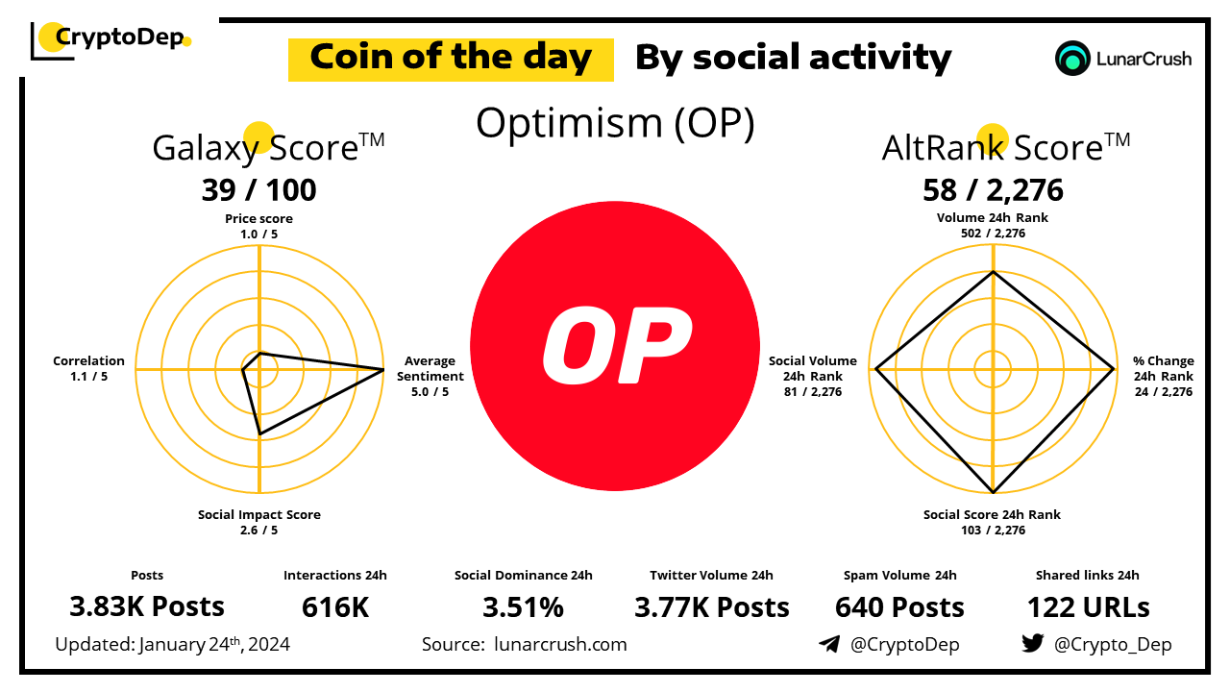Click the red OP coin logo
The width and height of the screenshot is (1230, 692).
(x=615, y=347)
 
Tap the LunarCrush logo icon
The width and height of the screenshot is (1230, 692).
(x=1071, y=59)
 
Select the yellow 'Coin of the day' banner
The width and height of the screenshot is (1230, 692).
(x=451, y=59)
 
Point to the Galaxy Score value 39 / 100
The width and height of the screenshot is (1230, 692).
(x=258, y=189)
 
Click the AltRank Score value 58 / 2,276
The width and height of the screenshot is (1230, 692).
(x=993, y=189)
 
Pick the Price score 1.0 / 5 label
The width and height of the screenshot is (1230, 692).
(x=258, y=225)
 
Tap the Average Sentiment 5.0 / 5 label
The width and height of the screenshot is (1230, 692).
(x=430, y=376)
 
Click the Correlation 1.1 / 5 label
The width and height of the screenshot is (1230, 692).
(x=89, y=369)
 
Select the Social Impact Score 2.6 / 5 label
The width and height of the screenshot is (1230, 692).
(x=259, y=522)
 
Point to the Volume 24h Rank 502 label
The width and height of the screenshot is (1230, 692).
(x=993, y=225)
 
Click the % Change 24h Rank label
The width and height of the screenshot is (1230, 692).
(x=1163, y=376)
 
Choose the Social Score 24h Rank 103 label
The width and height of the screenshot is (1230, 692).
(x=993, y=522)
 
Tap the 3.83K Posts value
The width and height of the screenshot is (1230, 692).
(x=147, y=606)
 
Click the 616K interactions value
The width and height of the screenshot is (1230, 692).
(x=335, y=606)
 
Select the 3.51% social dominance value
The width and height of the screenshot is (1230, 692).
(x=523, y=606)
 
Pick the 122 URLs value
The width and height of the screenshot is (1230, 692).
(x=1088, y=606)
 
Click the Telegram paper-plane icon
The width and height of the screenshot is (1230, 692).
(x=828, y=644)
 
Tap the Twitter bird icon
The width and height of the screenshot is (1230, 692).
(x=1032, y=644)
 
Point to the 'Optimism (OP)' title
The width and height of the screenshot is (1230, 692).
(x=615, y=124)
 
